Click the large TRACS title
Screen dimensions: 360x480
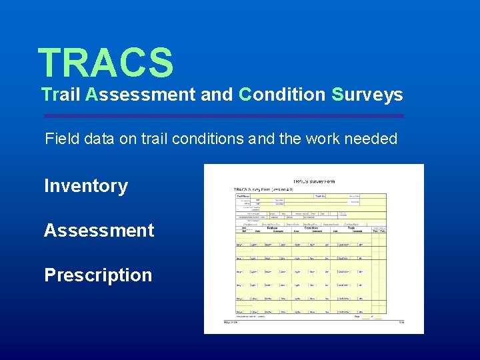(x=105, y=62)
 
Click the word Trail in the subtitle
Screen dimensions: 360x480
(x=61, y=95)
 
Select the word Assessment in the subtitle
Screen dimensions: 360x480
(x=139, y=95)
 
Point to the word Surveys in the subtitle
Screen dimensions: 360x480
(x=367, y=95)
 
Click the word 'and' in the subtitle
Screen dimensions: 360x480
(x=217, y=95)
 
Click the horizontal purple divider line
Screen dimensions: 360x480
(x=223, y=116)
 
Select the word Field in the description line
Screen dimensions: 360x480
(x=59, y=139)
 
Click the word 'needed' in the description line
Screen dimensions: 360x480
(x=375, y=139)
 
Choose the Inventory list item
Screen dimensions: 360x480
(x=86, y=186)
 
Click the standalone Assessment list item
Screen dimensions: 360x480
(x=99, y=231)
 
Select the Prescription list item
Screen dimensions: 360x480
(x=98, y=275)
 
